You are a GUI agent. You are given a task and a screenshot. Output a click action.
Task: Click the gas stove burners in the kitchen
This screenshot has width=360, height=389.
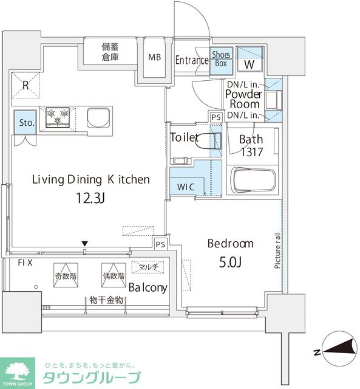tap(58, 117)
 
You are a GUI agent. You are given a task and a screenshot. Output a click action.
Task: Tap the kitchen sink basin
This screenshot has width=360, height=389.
tap(98, 118)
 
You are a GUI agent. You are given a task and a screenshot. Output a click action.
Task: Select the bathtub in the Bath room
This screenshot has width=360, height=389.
tap(253, 180)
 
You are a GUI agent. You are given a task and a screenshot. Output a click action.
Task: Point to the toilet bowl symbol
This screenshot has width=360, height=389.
tap(208, 141)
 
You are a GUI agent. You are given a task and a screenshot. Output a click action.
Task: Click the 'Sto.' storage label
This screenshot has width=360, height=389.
tap(27, 123)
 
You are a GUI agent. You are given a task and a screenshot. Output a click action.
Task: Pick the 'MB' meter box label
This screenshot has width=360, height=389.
tap(155, 57)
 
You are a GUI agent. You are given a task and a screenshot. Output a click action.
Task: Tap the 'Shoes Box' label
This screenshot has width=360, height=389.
tap(221, 59)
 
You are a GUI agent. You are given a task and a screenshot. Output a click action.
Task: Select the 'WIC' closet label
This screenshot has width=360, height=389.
tap(186, 187)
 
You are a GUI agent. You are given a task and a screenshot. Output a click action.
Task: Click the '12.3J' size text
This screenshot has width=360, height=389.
tap(90, 198)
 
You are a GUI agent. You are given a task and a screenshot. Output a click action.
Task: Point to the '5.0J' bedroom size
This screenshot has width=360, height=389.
tap(230, 262)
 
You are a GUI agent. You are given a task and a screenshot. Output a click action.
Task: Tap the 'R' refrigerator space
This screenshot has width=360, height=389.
tap(25, 85)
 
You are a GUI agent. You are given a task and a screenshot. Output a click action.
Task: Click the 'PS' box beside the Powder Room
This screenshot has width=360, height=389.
tap(216, 117)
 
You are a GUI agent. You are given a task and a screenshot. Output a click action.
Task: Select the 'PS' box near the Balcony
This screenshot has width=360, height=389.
tap(160, 244)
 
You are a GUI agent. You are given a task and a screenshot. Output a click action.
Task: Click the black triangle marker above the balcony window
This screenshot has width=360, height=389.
tap(85, 243)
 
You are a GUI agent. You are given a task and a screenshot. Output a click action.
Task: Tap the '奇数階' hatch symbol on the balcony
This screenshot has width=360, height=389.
tap(66, 275)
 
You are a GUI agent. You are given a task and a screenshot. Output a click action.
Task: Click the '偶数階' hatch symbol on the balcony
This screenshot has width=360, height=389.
tap(114, 275)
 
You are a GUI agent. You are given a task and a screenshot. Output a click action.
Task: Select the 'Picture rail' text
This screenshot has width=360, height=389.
tap(277, 250)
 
